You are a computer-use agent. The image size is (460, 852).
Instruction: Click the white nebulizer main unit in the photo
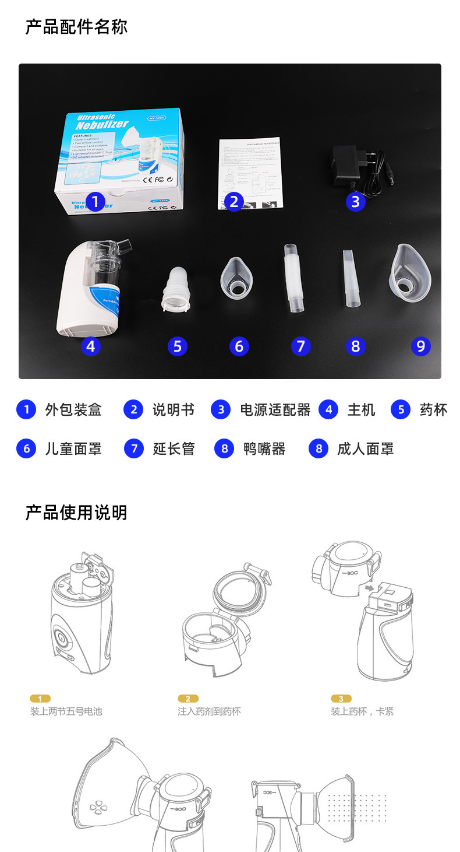(x=93, y=289)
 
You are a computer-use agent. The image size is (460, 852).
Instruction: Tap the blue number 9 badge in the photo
(x=420, y=346)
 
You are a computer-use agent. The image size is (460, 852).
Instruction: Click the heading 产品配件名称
(x=76, y=27)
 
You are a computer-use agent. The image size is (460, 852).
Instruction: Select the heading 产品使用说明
(x=76, y=513)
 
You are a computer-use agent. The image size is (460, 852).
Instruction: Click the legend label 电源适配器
(x=275, y=410)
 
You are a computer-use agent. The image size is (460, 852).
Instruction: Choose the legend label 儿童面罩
(x=73, y=448)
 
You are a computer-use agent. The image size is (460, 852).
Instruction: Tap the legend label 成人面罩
(x=365, y=448)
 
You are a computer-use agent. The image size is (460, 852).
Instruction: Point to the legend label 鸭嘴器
(x=264, y=448)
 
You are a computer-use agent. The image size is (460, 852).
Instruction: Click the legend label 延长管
(x=174, y=448)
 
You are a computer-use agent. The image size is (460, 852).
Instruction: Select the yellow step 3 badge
(x=341, y=698)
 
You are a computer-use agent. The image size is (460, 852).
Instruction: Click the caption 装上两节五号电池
(x=66, y=711)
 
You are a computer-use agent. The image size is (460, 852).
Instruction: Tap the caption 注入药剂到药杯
(x=209, y=711)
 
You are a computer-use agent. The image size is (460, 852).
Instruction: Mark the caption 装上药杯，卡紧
(x=362, y=711)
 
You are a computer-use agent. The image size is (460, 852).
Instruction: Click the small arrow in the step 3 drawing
(x=369, y=588)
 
